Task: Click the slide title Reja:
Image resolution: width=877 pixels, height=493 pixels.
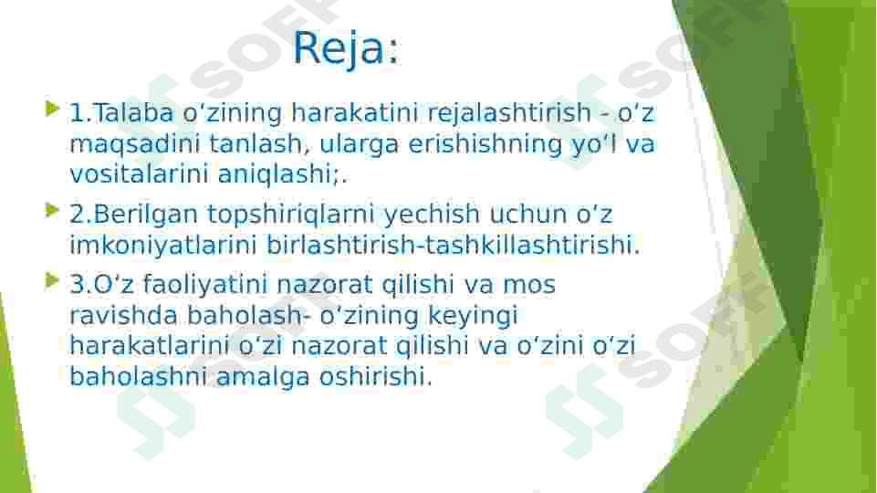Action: pyautogui.click(x=347, y=48)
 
